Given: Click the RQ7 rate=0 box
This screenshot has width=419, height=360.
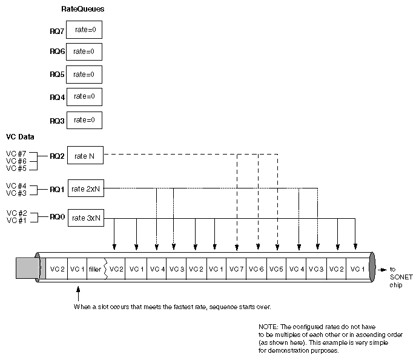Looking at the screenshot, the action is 84,30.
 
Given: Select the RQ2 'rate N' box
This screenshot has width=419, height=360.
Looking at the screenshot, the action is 85,155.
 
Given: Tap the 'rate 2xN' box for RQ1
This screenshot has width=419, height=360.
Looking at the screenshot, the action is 86,188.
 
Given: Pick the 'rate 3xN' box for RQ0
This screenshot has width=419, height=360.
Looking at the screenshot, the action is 86,218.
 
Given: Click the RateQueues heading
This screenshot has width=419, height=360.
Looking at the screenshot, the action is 83,9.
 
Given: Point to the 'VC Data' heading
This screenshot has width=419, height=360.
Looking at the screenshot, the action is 20,137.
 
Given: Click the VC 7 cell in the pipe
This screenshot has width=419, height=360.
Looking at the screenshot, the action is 236,269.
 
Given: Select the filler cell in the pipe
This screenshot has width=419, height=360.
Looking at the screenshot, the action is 96,269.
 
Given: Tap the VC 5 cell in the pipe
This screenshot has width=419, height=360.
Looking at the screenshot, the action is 276,269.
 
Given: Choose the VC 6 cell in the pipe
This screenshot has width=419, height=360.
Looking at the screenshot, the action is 256,269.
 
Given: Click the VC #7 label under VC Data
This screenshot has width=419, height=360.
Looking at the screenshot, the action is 16,154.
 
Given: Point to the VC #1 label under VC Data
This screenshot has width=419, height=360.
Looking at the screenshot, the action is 16,221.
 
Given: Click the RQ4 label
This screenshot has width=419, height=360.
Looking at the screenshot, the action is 57,98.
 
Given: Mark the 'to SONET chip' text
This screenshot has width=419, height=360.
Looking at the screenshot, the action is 401,277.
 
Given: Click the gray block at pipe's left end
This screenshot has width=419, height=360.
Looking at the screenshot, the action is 27,268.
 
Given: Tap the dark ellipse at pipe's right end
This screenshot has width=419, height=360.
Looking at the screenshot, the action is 372,267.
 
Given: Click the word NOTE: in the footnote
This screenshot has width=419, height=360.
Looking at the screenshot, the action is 268,327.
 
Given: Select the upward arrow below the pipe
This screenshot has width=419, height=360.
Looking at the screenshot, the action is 78,294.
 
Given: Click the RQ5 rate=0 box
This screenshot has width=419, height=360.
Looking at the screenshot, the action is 84,75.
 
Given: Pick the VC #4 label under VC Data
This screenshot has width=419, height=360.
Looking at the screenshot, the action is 16,185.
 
